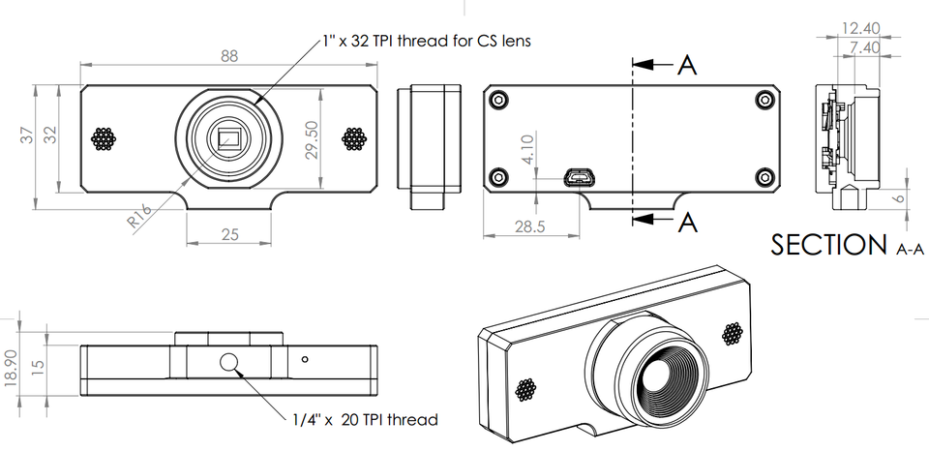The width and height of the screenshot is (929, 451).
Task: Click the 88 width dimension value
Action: click(228, 56)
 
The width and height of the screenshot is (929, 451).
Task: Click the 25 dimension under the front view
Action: click(228, 234)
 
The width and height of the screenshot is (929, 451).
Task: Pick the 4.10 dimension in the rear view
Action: click(526, 151)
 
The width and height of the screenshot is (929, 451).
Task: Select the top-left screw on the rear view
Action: click(498, 100)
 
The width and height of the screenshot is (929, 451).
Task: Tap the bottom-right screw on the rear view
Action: click(763, 176)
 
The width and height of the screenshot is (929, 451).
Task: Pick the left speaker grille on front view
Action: click(104, 138)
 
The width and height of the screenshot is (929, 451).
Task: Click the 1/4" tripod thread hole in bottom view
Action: click(229, 363)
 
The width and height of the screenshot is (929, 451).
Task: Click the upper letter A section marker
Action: click(686, 65)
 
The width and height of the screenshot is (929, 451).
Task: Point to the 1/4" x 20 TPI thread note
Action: click(364, 419)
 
